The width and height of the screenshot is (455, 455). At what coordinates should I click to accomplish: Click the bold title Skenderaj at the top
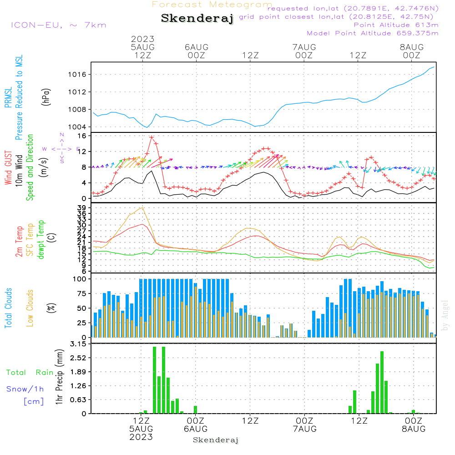(x=197, y=19)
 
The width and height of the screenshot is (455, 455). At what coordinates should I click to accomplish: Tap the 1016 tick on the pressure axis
(x=79, y=75)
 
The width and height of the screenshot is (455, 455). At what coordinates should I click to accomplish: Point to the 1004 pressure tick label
(x=79, y=127)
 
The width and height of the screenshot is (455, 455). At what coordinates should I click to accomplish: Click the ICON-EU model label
(x=58, y=25)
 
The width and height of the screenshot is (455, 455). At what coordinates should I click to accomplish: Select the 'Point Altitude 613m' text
(x=396, y=25)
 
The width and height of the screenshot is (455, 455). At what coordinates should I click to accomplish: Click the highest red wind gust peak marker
(x=152, y=137)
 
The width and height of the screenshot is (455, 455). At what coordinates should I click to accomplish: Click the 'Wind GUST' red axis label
(x=8, y=168)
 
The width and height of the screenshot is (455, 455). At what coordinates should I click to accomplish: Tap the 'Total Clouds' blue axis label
(x=8, y=308)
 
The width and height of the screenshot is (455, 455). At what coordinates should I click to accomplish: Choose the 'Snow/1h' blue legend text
(x=25, y=389)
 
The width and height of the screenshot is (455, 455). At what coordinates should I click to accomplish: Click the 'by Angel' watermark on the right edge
(x=445, y=316)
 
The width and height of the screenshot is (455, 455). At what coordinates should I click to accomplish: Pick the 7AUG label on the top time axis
(x=304, y=47)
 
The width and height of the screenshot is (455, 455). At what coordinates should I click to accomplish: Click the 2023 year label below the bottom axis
(x=142, y=437)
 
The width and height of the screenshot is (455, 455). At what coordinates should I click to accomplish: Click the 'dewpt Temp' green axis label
(x=41, y=240)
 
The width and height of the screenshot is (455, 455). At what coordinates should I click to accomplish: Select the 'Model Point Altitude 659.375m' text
(x=373, y=33)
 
